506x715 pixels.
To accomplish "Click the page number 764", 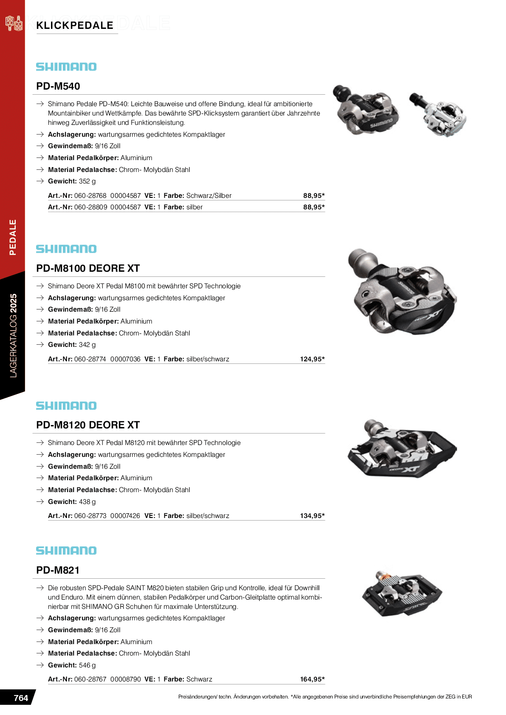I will [x=21, y=698].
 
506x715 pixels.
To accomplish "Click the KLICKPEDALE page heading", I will [x=75, y=25].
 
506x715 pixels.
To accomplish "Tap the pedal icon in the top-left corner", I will [x=14, y=23].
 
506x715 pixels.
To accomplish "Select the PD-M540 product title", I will [x=58, y=86].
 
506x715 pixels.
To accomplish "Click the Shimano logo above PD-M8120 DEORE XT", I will [x=66, y=406].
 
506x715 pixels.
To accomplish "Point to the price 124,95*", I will [x=312, y=359].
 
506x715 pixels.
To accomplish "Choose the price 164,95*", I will [x=312, y=679].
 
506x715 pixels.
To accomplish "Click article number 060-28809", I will [x=90, y=207].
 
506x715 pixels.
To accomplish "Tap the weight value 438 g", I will [x=88, y=502].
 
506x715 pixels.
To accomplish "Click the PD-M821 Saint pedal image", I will [x=401, y=593].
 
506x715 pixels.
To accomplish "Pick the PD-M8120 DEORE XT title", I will [x=88, y=425].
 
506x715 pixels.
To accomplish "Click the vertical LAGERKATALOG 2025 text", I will [x=14, y=335].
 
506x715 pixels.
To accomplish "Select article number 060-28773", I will [x=90, y=516].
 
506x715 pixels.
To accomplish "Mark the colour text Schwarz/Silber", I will [x=209, y=196].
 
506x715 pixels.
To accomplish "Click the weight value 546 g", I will [x=88, y=665].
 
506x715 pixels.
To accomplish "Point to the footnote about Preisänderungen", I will [x=325, y=697].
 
